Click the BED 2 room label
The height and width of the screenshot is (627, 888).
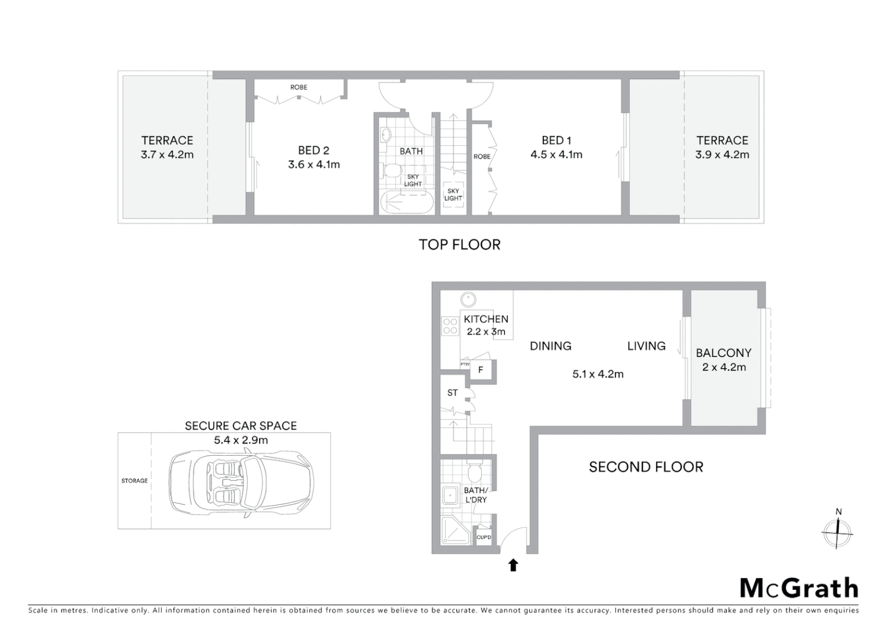(x=313, y=150)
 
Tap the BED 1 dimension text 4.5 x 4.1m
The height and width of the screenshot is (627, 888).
(x=556, y=155)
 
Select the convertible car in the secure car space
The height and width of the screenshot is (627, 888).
(x=241, y=481)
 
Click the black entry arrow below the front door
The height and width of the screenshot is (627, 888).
(x=513, y=565)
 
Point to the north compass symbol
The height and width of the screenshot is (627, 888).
(x=837, y=531)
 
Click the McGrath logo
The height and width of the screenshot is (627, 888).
(x=799, y=588)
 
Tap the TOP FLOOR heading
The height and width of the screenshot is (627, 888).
(x=459, y=244)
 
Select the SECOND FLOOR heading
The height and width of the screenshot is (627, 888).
(x=646, y=467)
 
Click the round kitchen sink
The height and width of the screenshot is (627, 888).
(x=468, y=300)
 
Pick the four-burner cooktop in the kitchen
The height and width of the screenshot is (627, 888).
(x=450, y=326)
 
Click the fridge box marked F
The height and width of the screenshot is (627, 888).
(x=481, y=370)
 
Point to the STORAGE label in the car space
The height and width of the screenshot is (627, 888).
(x=134, y=481)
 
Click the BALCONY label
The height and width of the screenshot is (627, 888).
(x=724, y=353)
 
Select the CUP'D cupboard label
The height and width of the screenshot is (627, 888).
(x=484, y=538)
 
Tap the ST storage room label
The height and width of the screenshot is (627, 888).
(x=452, y=393)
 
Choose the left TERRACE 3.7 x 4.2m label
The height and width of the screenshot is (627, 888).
(x=167, y=147)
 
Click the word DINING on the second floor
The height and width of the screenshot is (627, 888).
(x=550, y=346)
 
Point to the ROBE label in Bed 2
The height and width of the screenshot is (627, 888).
(x=299, y=87)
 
